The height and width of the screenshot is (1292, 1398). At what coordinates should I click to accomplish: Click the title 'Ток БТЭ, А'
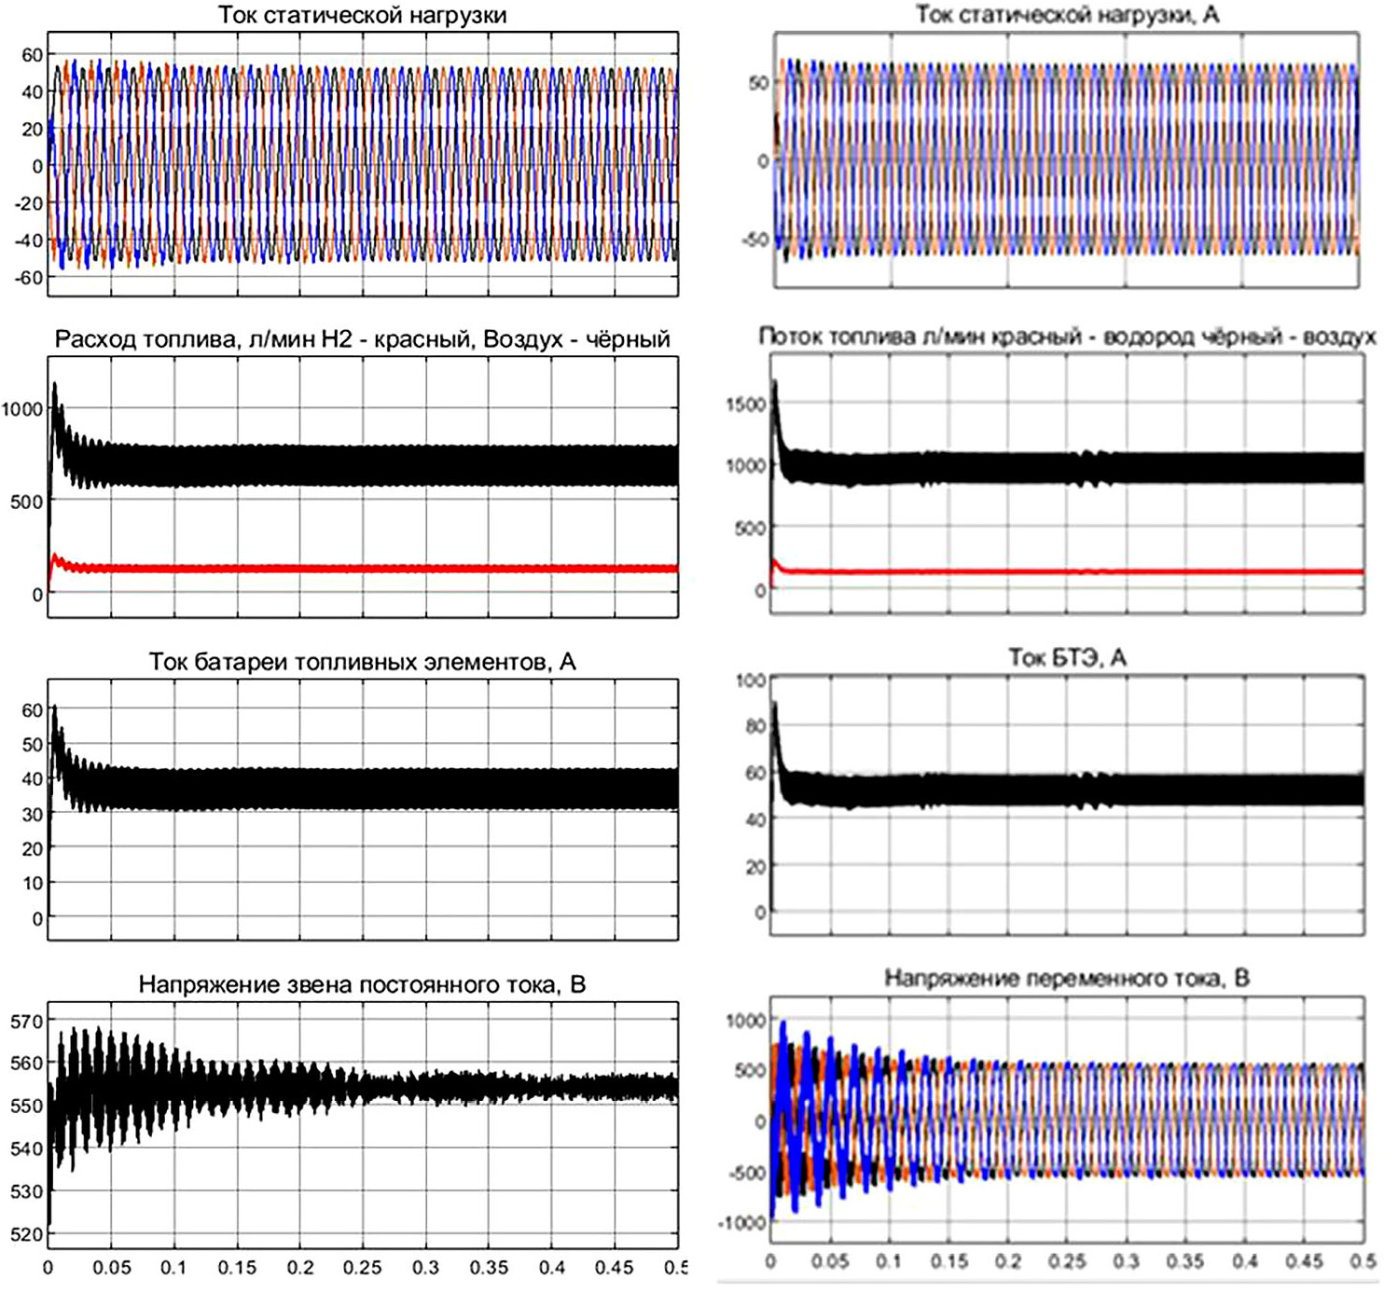click(x=1067, y=658)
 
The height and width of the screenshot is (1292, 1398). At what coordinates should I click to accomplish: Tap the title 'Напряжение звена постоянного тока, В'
click(x=362, y=985)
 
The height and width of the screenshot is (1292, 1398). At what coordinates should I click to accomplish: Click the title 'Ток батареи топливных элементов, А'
click(x=362, y=662)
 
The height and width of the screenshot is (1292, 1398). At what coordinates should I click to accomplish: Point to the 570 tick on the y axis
click(x=27, y=1022)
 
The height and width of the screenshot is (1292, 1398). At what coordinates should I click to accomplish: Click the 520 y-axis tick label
click(x=27, y=1234)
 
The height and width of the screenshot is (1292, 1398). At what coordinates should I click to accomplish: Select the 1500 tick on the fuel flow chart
click(x=745, y=405)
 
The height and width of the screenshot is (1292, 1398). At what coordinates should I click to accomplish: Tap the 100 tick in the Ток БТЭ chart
click(x=750, y=680)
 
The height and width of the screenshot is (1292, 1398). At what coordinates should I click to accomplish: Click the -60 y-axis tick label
click(x=29, y=278)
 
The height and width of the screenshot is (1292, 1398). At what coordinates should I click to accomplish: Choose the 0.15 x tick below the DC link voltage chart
click(x=237, y=1268)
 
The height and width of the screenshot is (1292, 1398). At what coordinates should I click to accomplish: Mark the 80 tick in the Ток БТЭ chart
click(x=754, y=726)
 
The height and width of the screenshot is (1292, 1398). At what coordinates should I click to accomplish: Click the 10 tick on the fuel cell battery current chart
click(x=33, y=883)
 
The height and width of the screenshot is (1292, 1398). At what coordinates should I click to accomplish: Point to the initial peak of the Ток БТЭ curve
click(x=774, y=706)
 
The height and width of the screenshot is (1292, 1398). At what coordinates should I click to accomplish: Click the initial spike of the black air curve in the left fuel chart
click(x=55, y=384)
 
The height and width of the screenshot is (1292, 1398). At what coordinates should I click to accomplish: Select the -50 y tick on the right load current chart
click(x=754, y=240)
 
